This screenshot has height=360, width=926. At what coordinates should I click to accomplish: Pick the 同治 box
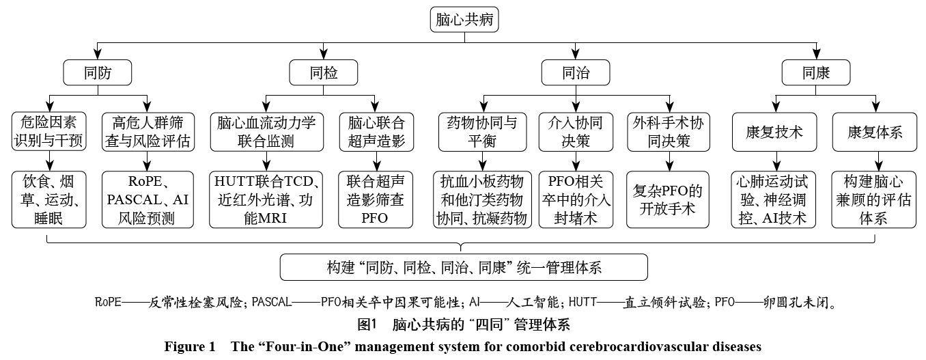pyautogui.click(x=575, y=72)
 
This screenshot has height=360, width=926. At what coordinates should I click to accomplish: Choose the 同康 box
pyautogui.click(x=816, y=72)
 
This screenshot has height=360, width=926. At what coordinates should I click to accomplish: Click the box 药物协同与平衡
pyautogui.click(x=483, y=132)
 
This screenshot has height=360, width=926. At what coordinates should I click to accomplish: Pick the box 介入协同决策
pyautogui.click(x=575, y=132)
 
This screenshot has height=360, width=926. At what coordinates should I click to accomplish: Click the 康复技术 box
pyautogui.click(x=775, y=132)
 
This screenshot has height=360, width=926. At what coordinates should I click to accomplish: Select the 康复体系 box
pyautogui.click(x=875, y=132)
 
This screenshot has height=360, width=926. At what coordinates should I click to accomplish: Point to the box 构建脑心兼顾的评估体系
pyautogui.click(x=875, y=199)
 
